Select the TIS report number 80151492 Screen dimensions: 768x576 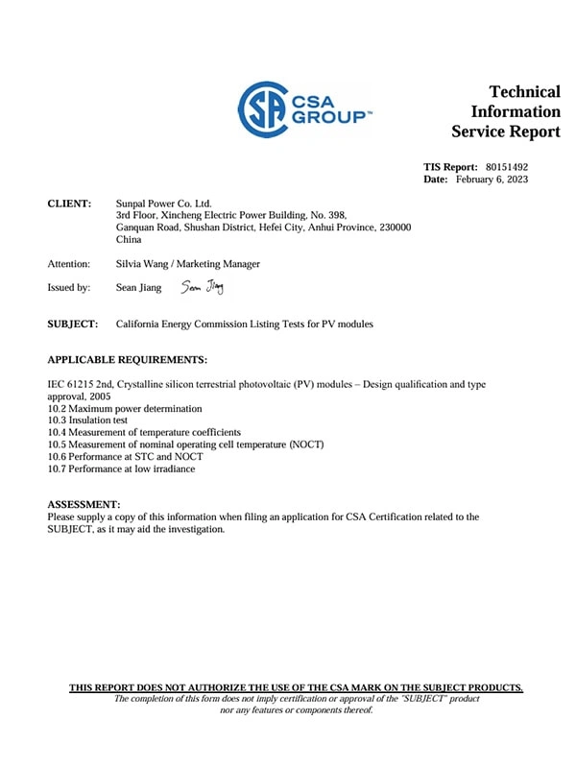[x=507, y=166]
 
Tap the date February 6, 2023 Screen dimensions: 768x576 [x=492, y=180]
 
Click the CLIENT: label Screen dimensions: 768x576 [x=69, y=204]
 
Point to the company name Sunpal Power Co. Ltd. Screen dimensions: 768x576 [x=163, y=204]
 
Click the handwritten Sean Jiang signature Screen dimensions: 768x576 [x=202, y=286]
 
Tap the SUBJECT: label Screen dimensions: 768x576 [x=73, y=324]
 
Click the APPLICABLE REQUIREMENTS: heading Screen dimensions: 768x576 [x=127, y=360]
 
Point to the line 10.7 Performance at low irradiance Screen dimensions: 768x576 [x=121, y=468]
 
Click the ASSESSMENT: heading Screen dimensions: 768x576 [x=84, y=504]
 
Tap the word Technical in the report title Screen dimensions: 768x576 [x=524, y=92]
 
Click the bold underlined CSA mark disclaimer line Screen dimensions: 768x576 [x=296, y=687]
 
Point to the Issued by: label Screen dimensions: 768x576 [x=69, y=287]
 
